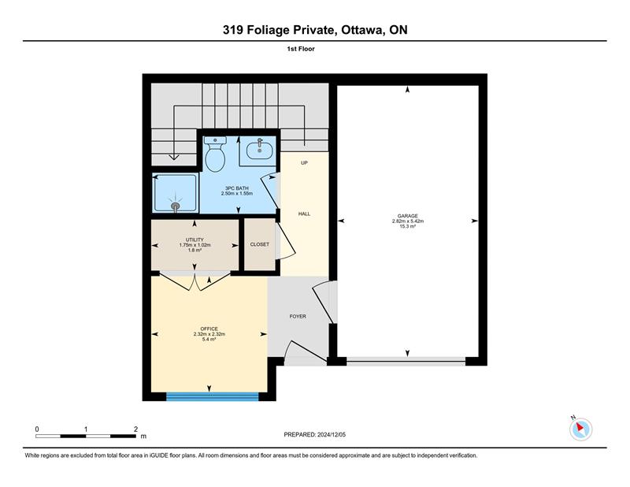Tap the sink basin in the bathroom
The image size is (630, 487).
point(260,151)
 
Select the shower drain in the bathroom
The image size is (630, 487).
point(176,206)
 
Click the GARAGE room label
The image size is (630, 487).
point(408,216)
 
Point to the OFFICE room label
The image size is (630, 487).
point(209,329)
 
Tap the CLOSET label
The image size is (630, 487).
point(260,244)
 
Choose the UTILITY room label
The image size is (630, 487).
point(195,240)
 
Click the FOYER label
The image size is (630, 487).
point(298,317)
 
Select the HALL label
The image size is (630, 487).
point(304,214)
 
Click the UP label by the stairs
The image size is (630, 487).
point(304,163)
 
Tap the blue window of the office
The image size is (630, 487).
point(212,397)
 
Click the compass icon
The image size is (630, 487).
point(580,429)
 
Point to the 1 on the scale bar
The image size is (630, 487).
point(86,429)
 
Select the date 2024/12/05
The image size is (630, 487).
point(332,435)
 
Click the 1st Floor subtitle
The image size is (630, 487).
point(301,49)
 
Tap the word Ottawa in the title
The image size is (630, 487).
point(363,30)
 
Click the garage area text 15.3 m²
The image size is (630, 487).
point(408,226)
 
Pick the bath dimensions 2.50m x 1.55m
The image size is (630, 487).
point(237,193)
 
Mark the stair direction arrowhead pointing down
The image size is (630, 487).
point(173,157)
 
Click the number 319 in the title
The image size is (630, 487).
point(233,30)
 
